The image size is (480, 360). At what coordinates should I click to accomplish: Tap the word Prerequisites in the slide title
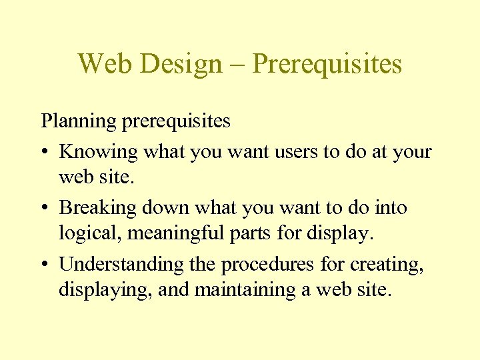(x=328, y=65)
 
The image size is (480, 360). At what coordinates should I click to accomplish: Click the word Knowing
(x=99, y=151)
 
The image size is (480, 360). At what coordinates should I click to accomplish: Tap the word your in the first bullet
(x=412, y=153)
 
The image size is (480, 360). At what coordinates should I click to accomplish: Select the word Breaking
(x=99, y=208)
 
